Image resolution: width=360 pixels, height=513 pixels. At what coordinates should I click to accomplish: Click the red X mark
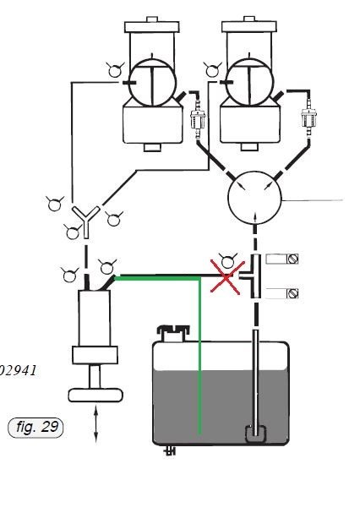tap(226, 278)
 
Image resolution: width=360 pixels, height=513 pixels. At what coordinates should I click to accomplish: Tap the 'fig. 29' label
tap(35, 427)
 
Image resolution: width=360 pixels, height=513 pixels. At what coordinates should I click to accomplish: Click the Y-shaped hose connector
tap(85, 221)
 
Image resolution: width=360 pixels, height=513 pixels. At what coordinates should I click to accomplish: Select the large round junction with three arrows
tap(254, 197)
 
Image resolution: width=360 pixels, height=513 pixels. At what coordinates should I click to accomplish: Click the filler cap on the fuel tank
tap(173, 333)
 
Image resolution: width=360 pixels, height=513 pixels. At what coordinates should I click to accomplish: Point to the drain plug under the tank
tap(170, 450)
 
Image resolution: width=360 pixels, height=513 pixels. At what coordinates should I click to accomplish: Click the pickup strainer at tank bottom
tap(255, 434)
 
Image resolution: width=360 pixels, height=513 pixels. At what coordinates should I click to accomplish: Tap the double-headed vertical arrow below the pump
tap(95, 424)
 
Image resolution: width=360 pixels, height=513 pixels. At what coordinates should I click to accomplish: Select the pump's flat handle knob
tap(95, 396)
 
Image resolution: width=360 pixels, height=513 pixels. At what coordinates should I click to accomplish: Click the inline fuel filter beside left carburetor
tap(198, 119)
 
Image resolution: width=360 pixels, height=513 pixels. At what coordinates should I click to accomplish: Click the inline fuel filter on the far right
tap(308, 119)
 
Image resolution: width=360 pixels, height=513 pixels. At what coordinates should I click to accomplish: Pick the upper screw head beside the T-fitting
tap(292, 259)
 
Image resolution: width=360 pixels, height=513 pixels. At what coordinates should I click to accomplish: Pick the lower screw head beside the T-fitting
tap(292, 293)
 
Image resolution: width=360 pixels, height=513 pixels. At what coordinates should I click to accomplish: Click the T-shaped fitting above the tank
tap(253, 276)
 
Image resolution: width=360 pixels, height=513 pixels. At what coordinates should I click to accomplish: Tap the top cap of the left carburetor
tap(152, 25)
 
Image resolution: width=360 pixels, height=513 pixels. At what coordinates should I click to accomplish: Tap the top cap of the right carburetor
tap(249, 25)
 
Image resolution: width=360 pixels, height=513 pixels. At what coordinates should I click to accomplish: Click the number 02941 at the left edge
tap(17, 371)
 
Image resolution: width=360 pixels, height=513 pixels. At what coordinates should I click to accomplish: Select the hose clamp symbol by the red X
tap(228, 260)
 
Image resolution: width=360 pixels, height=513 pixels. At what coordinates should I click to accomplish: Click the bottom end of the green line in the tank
tap(199, 434)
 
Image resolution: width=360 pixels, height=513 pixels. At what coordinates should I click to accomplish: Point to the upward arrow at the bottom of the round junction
tap(255, 217)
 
